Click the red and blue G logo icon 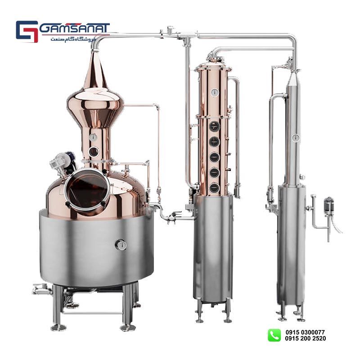click(x=27, y=31)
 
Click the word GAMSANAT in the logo click(x=75, y=28)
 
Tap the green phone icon click(x=274, y=335)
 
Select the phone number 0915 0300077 click(x=305, y=332)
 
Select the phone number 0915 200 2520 click(x=306, y=338)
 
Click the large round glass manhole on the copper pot click(x=87, y=189)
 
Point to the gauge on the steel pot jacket click(x=121, y=244)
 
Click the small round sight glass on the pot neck click(x=94, y=151)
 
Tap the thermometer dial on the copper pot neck click(x=93, y=137)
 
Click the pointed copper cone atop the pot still click(x=94, y=70)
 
